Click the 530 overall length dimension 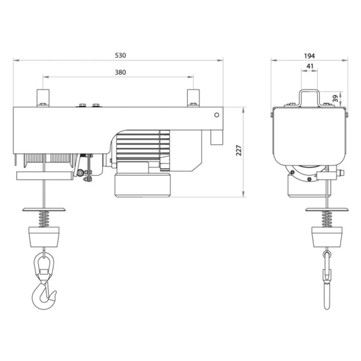[x=120, y=55]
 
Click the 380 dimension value [x=120, y=72]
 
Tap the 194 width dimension [x=310, y=55]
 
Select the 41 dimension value [x=310, y=66]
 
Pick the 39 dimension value [x=336, y=98]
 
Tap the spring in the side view [x=326, y=218]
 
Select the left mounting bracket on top [x=43, y=97]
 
